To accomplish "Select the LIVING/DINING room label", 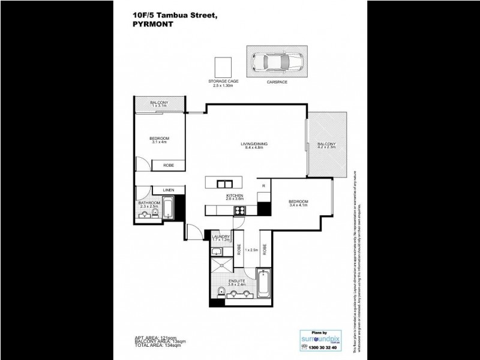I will click(x=254, y=144).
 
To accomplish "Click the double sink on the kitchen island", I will click(x=224, y=184).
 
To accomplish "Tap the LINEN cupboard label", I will click(x=169, y=190).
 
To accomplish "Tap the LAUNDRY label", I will click(x=221, y=238).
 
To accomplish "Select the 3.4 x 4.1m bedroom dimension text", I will click(x=298, y=205).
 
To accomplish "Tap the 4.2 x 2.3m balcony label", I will click(x=327, y=148).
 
